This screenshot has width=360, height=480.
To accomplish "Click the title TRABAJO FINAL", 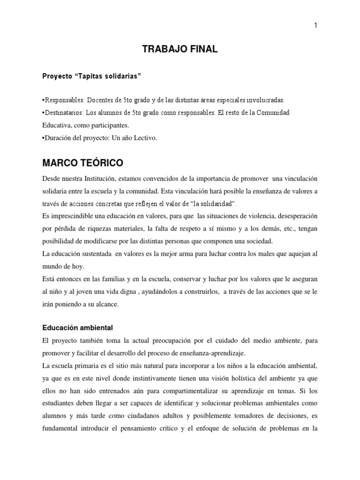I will [x=180, y=50].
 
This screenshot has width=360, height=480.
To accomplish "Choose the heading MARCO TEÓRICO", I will [x=82, y=164].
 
